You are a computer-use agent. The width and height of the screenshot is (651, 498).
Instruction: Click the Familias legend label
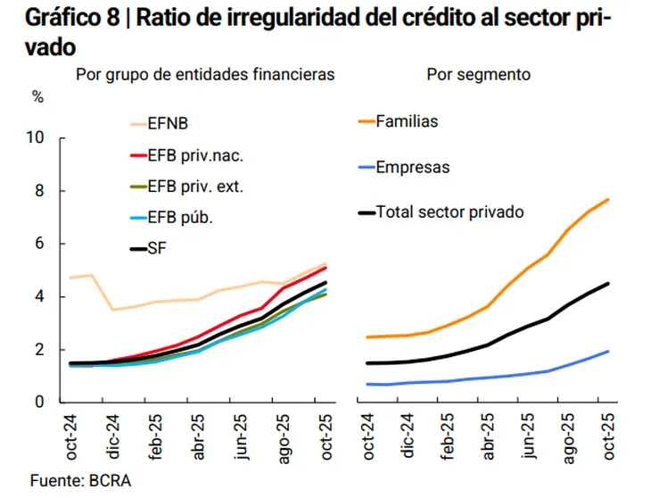point(407,121)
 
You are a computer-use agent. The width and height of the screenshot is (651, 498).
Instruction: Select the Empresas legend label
point(412,167)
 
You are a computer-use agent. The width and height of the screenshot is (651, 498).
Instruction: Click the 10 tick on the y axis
point(35,138)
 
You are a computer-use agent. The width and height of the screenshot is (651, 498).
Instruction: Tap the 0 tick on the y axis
point(38,403)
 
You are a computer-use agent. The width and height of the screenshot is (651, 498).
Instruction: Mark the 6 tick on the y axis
point(38,244)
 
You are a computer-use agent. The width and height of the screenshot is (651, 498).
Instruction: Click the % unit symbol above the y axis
point(38,97)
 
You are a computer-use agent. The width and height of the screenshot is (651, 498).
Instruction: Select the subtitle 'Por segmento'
point(478,75)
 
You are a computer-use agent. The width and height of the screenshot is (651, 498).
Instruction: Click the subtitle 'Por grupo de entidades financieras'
point(205,75)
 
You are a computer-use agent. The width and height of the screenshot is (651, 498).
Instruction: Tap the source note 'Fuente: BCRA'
point(80,481)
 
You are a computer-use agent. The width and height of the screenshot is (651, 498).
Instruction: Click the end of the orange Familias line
point(608,199)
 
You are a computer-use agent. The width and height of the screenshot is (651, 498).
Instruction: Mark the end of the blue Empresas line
point(608,351)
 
